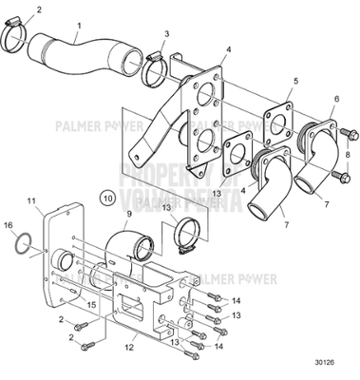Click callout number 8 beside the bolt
point(348,153)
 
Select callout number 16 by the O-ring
point(9,227)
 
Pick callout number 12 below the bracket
point(128,348)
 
